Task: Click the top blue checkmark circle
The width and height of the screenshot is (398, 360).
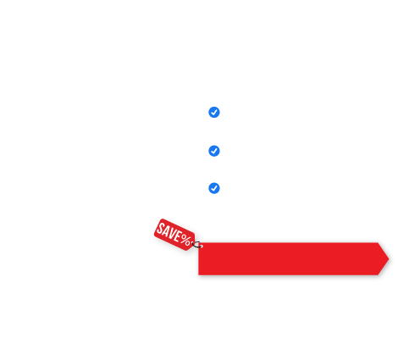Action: point(214,113)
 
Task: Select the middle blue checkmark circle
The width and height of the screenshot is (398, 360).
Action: point(214,151)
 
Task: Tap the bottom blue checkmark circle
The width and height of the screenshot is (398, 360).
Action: point(214,188)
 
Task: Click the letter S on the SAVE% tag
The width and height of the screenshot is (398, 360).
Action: point(161,229)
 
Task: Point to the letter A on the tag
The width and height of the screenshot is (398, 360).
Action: point(167,232)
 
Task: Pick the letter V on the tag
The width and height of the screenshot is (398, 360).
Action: point(173,235)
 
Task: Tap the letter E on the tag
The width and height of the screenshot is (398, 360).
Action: point(178,237)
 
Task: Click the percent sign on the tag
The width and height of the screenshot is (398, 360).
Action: point(185,240)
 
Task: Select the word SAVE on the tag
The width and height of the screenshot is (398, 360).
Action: point(169,233)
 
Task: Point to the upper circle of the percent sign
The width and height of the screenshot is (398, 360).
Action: point(184,237)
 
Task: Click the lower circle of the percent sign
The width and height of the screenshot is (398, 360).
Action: point(188,242)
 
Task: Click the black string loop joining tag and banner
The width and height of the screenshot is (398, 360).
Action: point(196,245)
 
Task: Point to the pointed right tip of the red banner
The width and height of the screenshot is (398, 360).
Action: point(389,258)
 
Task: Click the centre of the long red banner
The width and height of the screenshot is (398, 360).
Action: point(294,258)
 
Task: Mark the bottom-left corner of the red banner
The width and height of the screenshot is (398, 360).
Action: point(199,274)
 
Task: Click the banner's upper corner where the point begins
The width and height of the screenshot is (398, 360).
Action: point(378,243)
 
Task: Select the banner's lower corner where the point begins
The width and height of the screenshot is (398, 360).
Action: point(378,274)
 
